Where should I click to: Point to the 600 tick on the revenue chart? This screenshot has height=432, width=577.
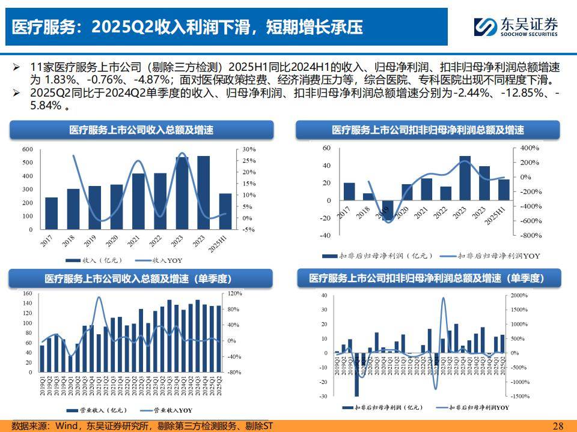(x=28, y=149)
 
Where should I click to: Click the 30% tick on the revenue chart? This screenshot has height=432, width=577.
(x=249, y=149)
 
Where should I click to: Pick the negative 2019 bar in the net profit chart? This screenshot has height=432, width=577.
(x=388, y=210)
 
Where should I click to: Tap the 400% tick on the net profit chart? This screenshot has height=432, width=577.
(x=530, y=148)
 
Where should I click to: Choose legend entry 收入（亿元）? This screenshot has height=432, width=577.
(x=102, y=260)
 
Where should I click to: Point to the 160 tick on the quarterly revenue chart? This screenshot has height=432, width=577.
(x=27, y=293)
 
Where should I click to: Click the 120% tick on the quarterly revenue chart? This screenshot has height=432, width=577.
(x=235, y=293)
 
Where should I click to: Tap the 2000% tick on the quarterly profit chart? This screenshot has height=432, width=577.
(x=519, y=295)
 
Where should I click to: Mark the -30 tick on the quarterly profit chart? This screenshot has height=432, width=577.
(x=323, y=396)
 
